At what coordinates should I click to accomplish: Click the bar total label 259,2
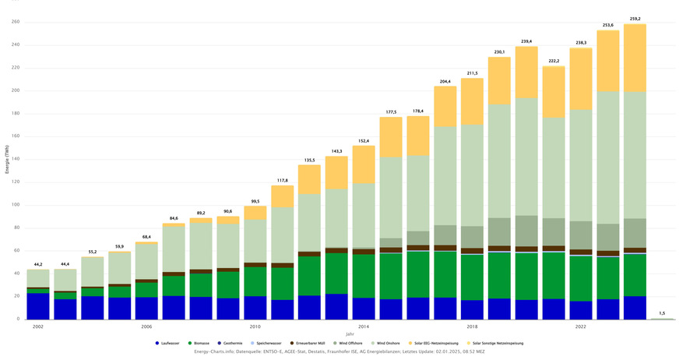(635, 17)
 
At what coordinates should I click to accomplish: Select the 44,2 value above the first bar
(37, 264)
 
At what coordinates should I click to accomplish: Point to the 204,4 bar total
(445, 80)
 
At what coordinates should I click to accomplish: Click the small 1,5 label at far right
(662, 312)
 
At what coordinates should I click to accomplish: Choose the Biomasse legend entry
(206, 343)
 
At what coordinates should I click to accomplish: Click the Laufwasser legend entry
(170, 343)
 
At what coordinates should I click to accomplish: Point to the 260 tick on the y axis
(15, 22)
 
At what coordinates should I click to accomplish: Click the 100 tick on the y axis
(15, 205)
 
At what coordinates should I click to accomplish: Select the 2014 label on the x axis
(364, 326)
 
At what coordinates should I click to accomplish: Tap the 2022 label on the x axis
(581, 326)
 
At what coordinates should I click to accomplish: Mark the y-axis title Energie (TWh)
(6, 171)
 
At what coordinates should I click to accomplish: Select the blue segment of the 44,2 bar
(37, 306)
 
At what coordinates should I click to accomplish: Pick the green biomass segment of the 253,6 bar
(608, 277)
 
